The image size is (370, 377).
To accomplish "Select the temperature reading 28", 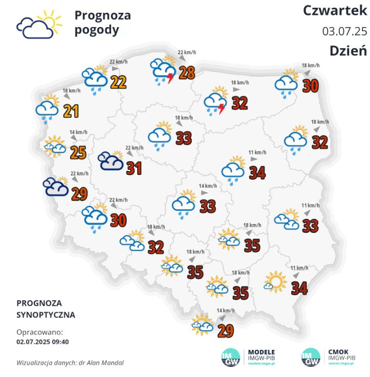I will [186, 72].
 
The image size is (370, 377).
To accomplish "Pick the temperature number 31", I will [134, 168].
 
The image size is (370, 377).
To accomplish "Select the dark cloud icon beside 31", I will [111, 161].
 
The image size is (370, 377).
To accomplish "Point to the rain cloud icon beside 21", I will [47, 110].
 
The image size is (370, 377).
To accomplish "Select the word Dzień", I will [348, 50].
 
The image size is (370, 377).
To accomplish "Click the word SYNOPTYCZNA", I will [46, 315].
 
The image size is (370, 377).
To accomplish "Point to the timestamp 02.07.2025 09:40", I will [43, 342].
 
